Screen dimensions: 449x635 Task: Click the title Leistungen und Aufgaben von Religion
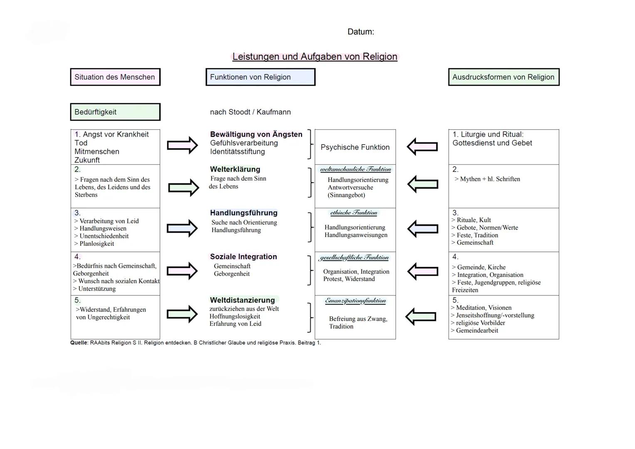click(315, 57)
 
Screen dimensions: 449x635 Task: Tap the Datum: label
click(361, 32)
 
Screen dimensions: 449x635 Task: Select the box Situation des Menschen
click(115, 77)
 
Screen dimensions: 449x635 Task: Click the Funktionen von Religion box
click(260, 77)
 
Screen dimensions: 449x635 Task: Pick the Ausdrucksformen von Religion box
click(504, 77)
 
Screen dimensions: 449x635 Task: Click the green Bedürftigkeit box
click(115, 112)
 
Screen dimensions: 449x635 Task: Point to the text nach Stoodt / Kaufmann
click(250, 112)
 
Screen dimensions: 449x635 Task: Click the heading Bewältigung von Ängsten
click(256, 134)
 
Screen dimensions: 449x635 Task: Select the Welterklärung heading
click(235, 169)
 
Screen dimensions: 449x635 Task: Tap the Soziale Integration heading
click(243, 257)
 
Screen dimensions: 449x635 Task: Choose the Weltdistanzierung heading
click(242, 300)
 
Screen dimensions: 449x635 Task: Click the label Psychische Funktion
click(355, 147)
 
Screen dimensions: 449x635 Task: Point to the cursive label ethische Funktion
click(354, 213)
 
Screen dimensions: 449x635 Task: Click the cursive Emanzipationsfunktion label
click(356, 301)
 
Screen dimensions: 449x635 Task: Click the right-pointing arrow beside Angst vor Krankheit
click(182, 146)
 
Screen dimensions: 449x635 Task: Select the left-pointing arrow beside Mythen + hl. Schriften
click(423, 184)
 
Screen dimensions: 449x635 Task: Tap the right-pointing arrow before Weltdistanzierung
click(182, 314)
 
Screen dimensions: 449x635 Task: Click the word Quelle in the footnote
click(79, 343)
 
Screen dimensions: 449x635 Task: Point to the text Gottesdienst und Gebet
click(492, 143)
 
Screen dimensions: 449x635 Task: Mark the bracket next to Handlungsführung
click(310, 227)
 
